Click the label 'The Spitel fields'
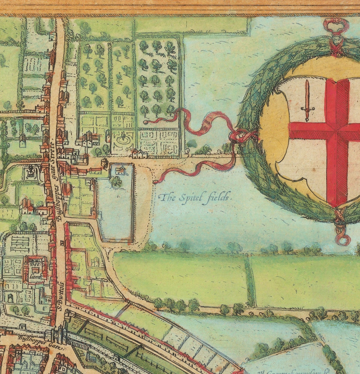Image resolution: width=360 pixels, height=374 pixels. click(x=195, y=198)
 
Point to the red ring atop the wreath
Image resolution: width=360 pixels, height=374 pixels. click(x=336, y=25)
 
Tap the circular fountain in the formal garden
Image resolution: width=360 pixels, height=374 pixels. click(x=123, y=138)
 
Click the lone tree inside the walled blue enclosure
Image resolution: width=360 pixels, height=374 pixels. click(x=116, y=181)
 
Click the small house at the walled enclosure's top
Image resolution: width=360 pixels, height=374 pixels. click(x=120, y=171)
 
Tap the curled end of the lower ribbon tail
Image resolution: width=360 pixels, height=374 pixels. click(x=155, y=182)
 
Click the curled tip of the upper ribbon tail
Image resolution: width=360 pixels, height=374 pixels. click(x=146, y=122)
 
